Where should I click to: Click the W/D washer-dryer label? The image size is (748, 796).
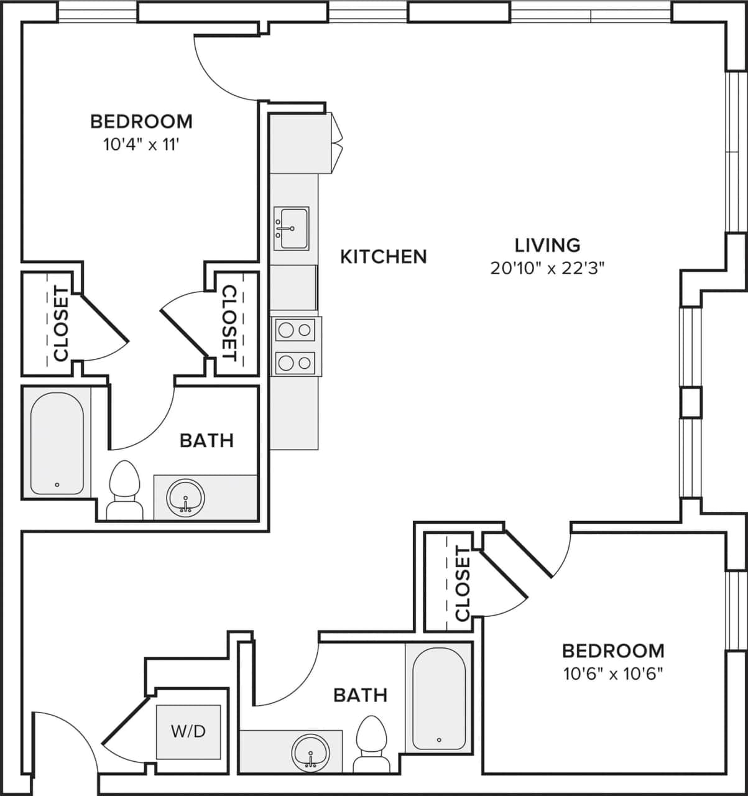coord(188,731)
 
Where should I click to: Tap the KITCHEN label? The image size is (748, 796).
coord(384,256)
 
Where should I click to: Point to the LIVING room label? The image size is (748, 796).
coord(547,245)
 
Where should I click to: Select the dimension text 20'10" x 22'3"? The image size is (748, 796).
coord(547,269)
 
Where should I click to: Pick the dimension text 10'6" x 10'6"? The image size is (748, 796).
coord(613,674)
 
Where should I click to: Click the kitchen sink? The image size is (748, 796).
coord(291,228)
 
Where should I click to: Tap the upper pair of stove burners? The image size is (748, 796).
coord(295,330)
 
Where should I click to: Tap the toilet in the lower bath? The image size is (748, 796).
coord(371,744)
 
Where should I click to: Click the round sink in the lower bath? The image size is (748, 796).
coord(310,753)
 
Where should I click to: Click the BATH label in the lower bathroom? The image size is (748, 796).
coord(360,695)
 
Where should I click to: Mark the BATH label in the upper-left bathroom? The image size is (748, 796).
coord(206,440)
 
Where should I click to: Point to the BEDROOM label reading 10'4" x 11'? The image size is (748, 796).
coord(141,121)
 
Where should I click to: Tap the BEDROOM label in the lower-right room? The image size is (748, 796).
coord(613,650)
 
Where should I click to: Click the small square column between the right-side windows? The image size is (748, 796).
coord(690,402)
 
